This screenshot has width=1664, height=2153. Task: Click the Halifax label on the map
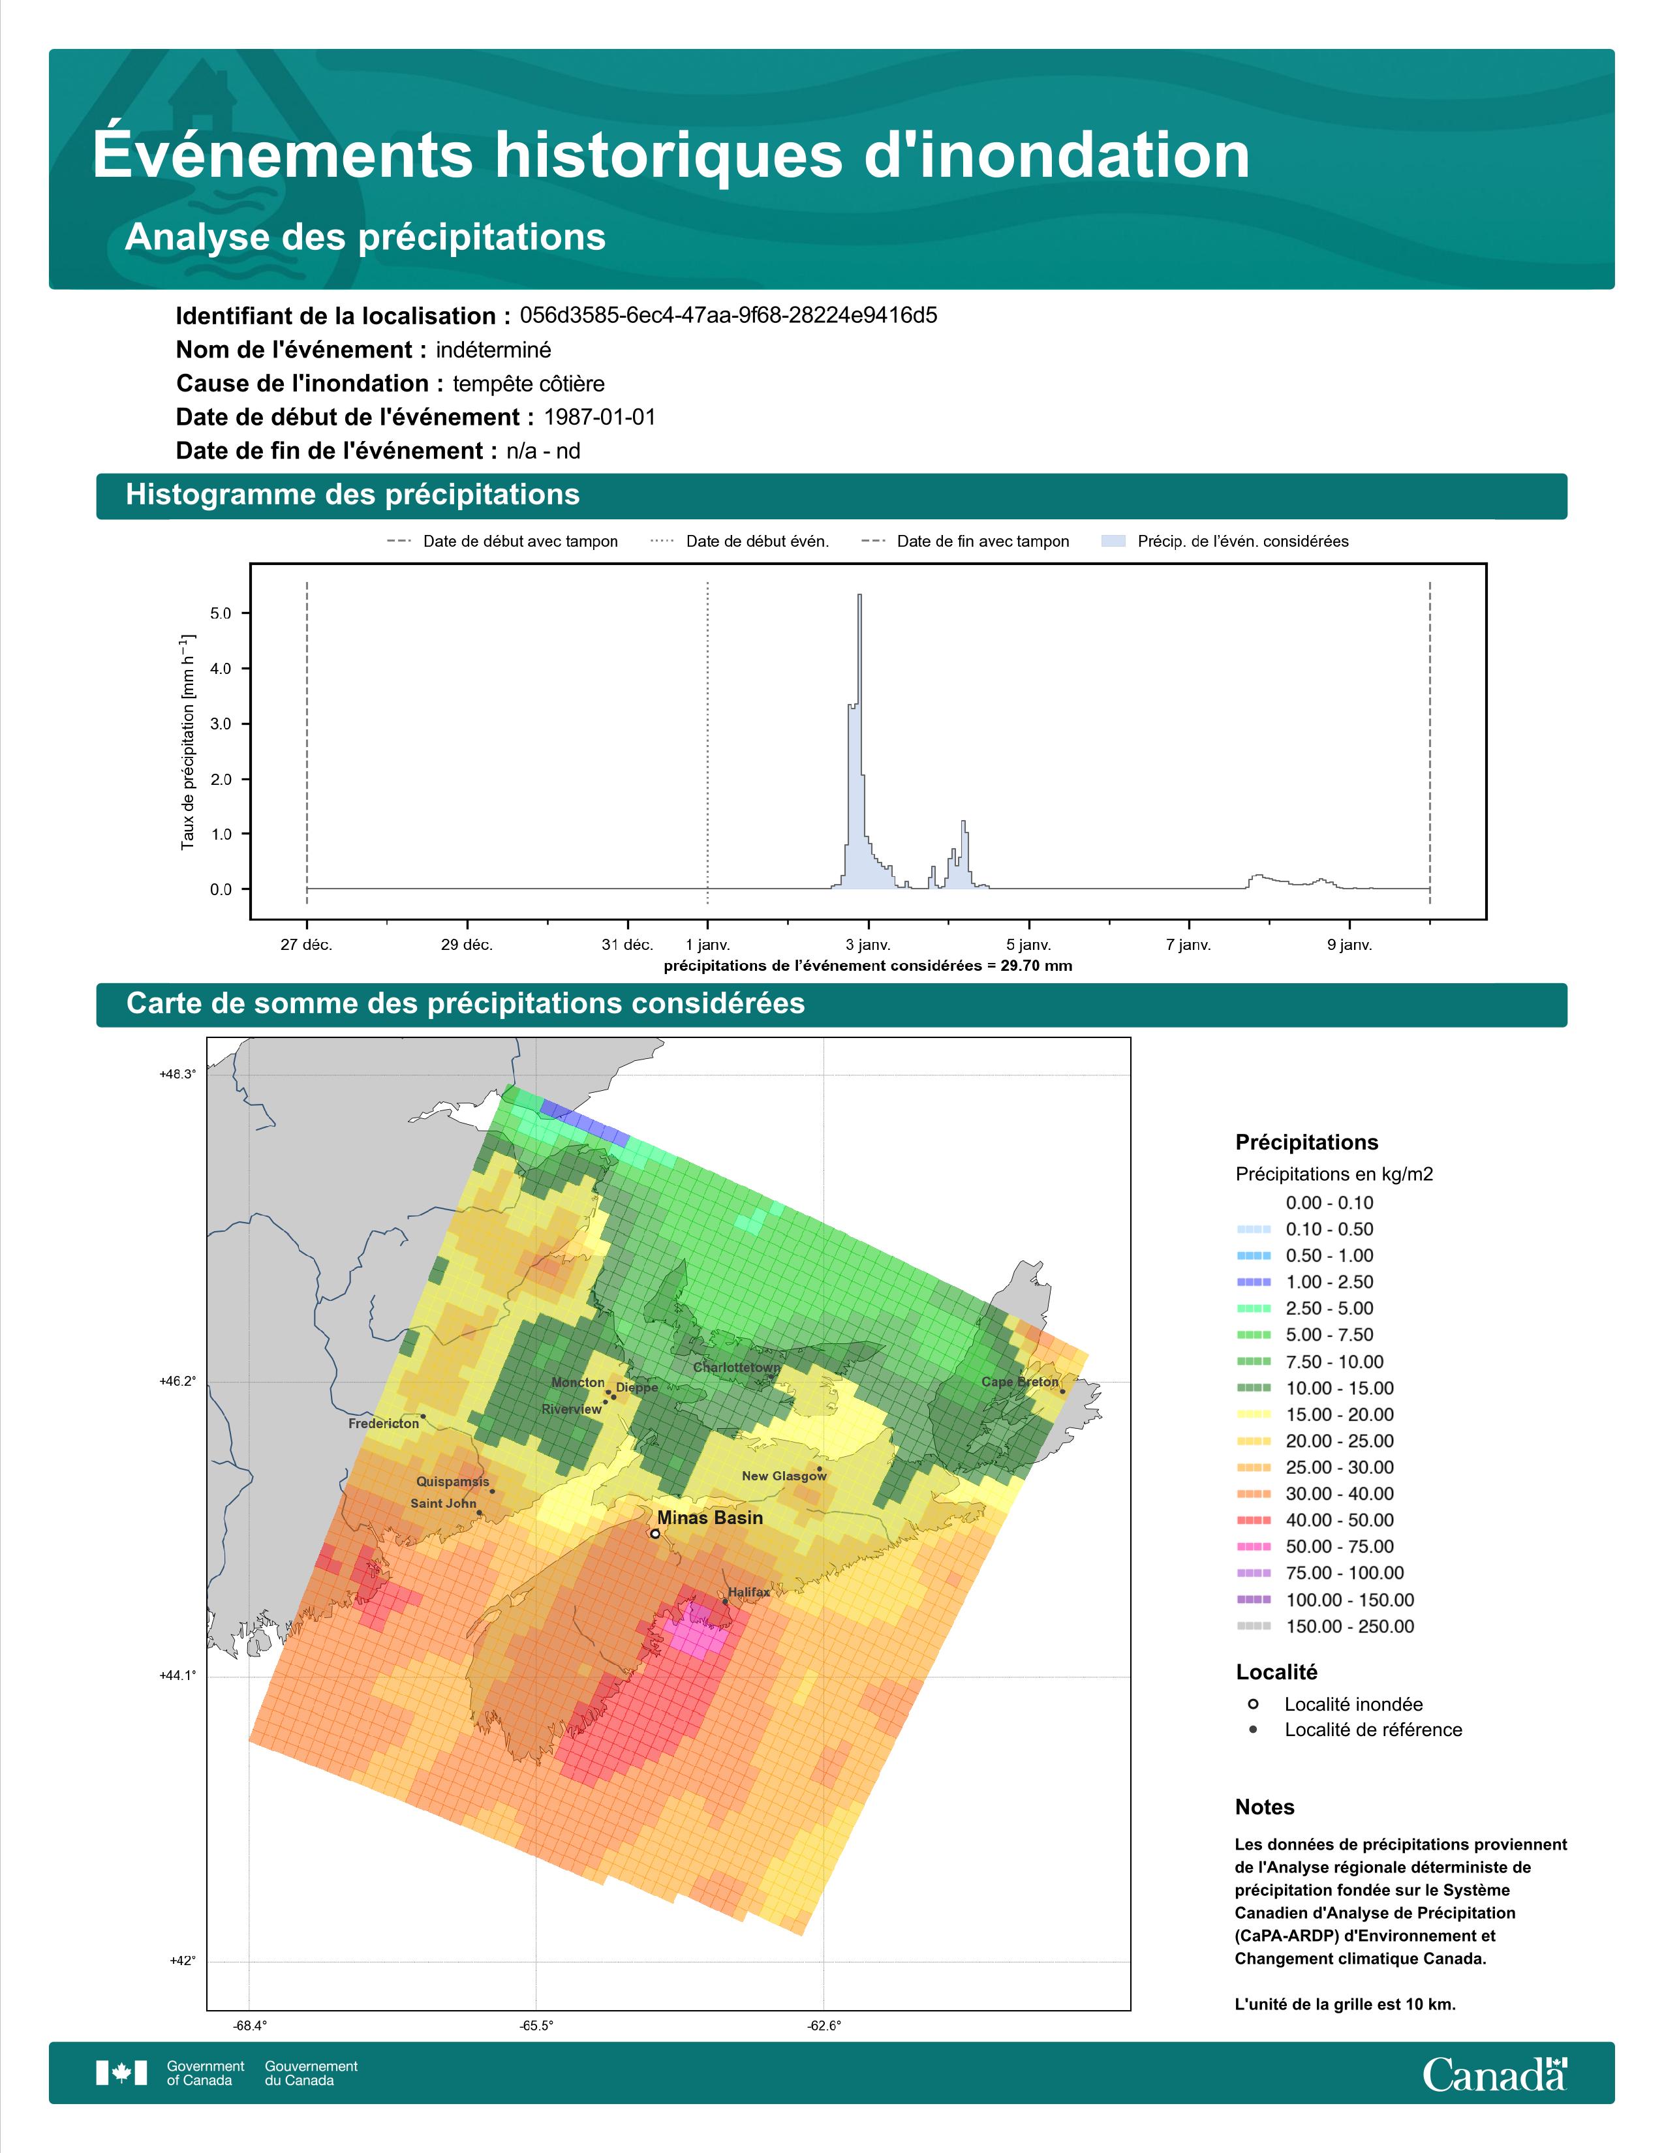tap(749, 1592)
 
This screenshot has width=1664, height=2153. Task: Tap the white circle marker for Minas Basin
tap(655, 1534)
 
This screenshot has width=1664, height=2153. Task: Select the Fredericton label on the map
tap(384, 1424)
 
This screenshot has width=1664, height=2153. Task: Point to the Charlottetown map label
tap(736, 1367)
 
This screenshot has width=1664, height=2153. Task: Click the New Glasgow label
tap(784, 1476)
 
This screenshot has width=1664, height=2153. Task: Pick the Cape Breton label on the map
tap(1019, 1382)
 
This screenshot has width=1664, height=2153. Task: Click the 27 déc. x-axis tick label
tap(307, 945)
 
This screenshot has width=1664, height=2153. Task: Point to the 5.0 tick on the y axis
tap(221, 613)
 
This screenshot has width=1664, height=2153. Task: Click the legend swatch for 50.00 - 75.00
tap(1253, 1547)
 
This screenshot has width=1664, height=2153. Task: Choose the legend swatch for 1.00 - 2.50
tap(1253, 1281)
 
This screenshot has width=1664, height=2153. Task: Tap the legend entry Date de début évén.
tap(757, 542)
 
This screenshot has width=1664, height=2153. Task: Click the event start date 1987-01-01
tap(599, 417)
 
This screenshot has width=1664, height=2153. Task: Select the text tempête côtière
tap(529, 384)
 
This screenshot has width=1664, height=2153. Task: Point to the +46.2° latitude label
tap(177, 1381)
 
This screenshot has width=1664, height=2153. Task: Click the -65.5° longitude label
tap(536, 2026)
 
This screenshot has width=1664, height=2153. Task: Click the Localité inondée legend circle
tap(1253, 1703)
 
